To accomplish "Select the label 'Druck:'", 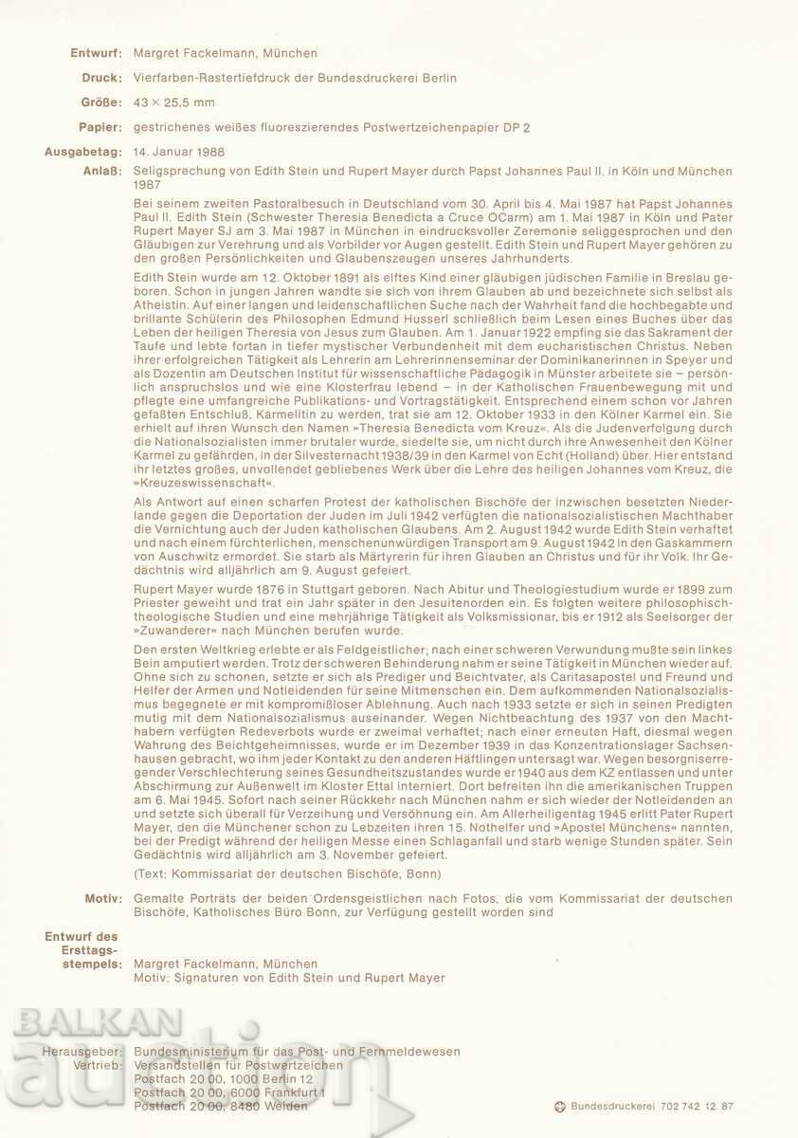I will pyautogui.click(x=101, y=78).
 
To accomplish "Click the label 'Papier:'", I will pyautogui.click(x=100, y=126).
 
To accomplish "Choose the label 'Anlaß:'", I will pyautogui.click(x=102, y=171).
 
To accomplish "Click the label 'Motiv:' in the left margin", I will pyautogui.click(x=102, y=898).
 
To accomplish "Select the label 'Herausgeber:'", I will pyautogui.click(x=82, y=1051).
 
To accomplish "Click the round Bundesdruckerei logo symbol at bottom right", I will pyautogui.click(x=560, y=1106).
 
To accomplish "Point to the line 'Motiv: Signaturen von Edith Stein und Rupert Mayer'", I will pyautogui.click(x=289, y=978).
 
